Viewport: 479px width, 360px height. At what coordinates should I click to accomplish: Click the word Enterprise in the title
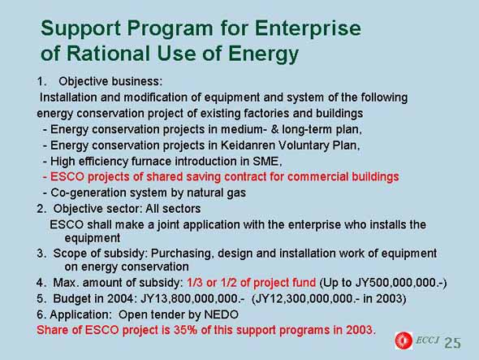(308, 29)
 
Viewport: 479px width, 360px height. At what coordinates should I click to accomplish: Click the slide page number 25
(452, 343)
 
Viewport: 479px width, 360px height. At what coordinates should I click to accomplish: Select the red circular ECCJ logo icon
(403, 340)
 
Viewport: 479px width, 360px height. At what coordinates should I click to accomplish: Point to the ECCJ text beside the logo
(427, 340)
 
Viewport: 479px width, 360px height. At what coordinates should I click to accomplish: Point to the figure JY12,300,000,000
(304, 298)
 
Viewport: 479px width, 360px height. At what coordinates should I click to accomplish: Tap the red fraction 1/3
(195, 283)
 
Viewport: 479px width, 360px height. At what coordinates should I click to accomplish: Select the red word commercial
(317, 177)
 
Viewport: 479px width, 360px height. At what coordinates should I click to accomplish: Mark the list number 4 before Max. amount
(40, 283)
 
